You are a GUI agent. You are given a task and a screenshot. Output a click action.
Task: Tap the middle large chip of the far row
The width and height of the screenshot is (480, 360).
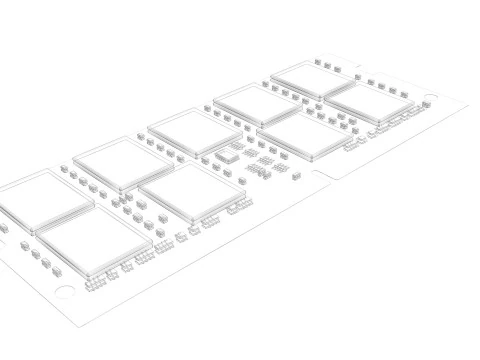[193, 130]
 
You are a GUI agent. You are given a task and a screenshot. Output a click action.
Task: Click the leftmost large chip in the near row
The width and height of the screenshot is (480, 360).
[93, 239]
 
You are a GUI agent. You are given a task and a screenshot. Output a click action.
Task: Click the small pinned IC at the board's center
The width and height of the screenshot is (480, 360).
[227, 156]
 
